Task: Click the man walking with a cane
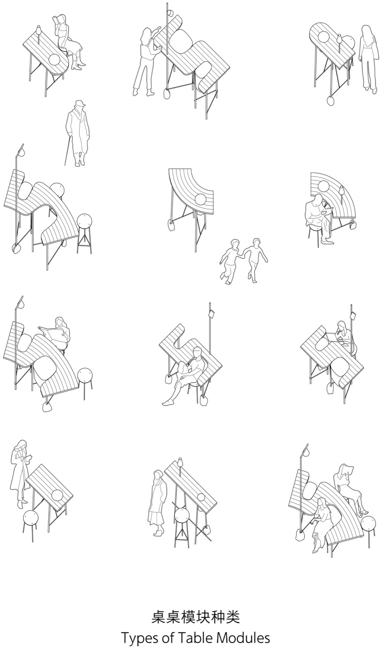coord(77,133)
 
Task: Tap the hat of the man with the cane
coord(79,104)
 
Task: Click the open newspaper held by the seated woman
coord(52,334)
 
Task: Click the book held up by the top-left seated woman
coord(57,20)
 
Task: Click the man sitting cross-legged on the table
coord(187,376)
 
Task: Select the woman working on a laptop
coord(343,333)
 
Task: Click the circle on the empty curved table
coord(200,199)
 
